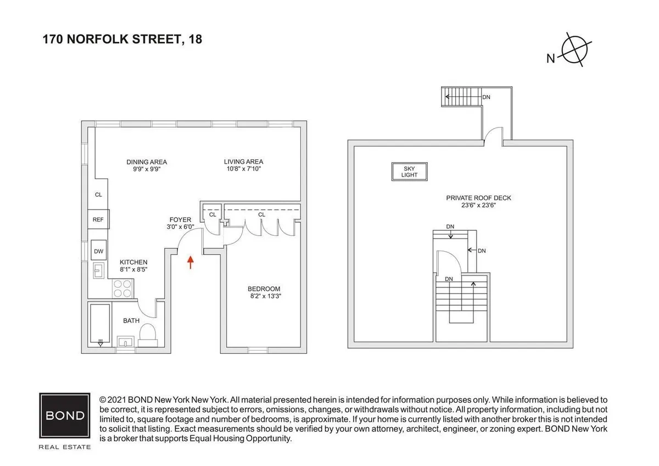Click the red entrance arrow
point(191,262)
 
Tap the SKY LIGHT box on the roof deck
point(410,171)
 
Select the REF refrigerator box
point(98,220)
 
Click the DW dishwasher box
point(99,251)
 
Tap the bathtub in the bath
point(100,324)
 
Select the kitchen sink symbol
point(100,270)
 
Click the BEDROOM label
point(264,289)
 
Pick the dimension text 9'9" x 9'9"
point(147,170)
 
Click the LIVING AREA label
point(243,162)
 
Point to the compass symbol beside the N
point(574,50)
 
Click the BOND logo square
point(65,414)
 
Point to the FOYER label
point(180,220)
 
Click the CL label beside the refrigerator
point(98,195)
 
